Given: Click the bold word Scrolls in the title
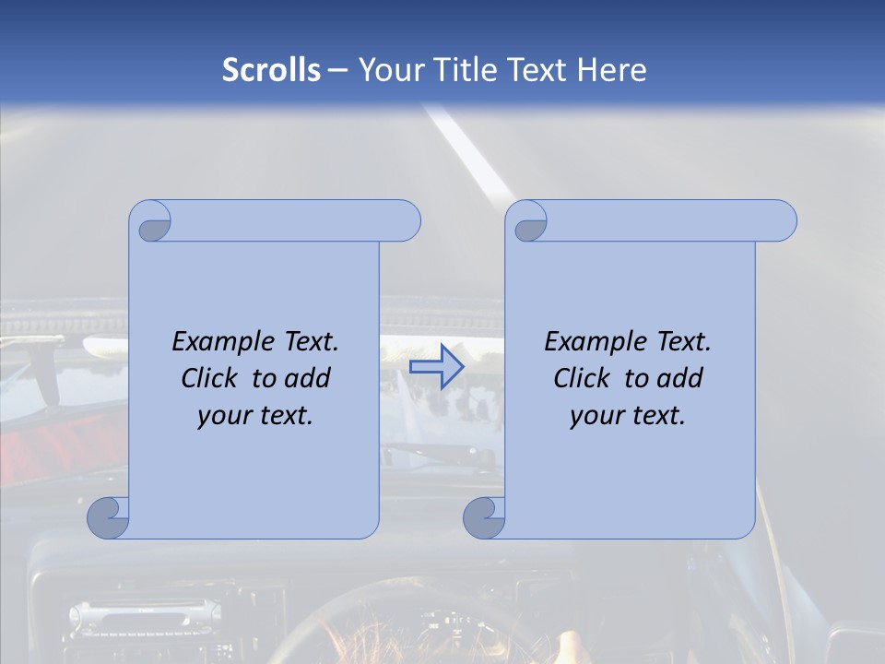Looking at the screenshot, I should click(x=271, y=69).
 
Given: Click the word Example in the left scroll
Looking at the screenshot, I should click(x=219, y=342).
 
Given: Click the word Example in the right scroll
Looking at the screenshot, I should click(x=592, y=342).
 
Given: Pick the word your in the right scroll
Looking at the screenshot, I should click(x=596, y=416).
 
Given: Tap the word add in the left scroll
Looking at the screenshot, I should click(x=308, y=378).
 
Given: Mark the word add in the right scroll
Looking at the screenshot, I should click(x=680, y=378).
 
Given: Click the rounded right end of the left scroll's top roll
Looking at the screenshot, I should click(x=406, y=221).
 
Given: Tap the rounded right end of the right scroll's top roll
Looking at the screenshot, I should click(x=782, y=221).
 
